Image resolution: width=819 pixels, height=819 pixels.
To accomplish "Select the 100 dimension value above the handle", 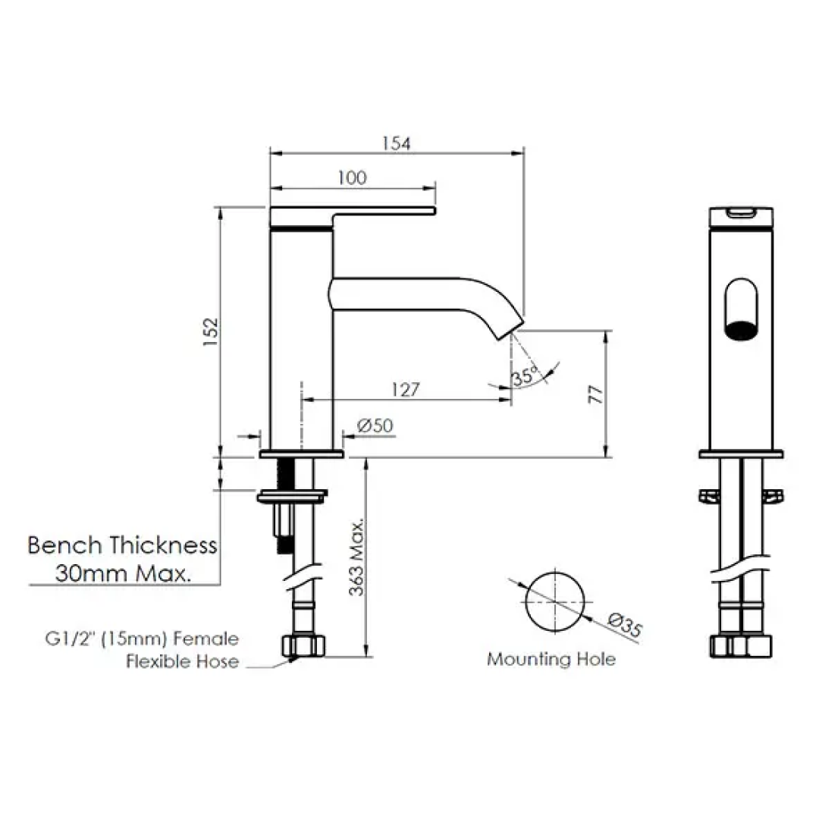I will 353,177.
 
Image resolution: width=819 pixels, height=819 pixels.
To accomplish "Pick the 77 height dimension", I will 596,394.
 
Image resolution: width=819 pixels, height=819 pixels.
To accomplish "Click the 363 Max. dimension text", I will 358,557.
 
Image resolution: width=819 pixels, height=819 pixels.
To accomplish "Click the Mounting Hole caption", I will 551,659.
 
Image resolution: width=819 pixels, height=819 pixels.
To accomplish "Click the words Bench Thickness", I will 123,545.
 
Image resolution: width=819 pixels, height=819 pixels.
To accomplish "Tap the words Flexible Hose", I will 182,662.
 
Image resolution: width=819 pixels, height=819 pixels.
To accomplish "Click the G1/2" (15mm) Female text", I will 141,639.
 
